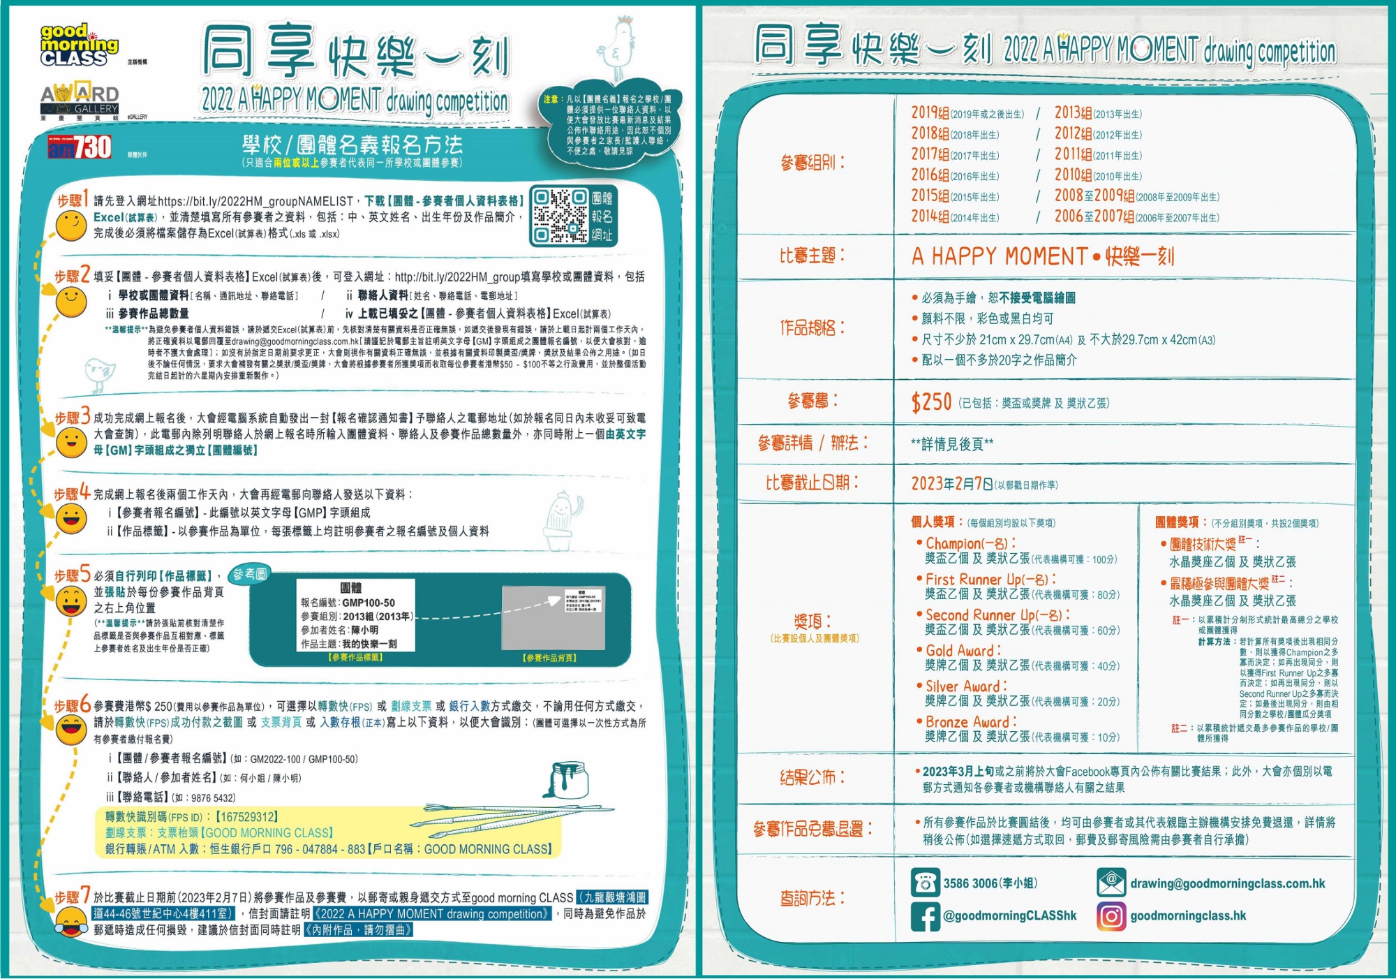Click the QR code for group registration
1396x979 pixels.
point(559,216)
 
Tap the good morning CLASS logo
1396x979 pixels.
point(78,45)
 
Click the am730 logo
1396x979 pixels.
point(80,147)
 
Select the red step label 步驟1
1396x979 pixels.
point(72,199)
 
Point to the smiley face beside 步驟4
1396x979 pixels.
point(71,519)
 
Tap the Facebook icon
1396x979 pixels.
point(926,916)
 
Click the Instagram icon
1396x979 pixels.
point(1111,916)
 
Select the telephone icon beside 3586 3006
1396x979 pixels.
point(926,883)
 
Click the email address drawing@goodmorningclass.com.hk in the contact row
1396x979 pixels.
point(1227,883)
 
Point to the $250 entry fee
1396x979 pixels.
point(931,402)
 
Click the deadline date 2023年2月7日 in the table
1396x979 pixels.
point(952,483)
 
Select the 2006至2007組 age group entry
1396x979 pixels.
point(1094,216)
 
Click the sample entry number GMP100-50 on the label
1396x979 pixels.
point(369,603)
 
